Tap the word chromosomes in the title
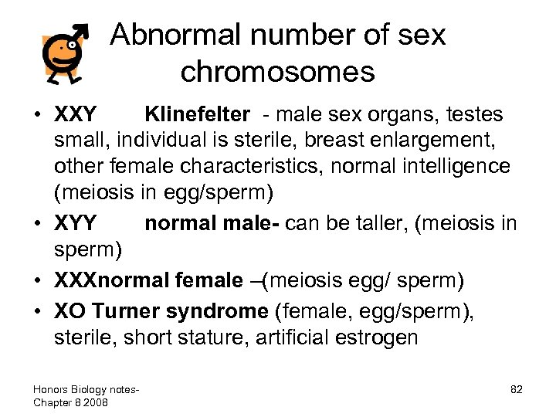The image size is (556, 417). coord(278,72)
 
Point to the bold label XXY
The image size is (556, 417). coord(76,115)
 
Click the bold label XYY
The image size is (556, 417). coord(76,224)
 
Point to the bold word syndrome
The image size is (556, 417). coord(221,310)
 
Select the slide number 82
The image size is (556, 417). coord(515,389)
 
